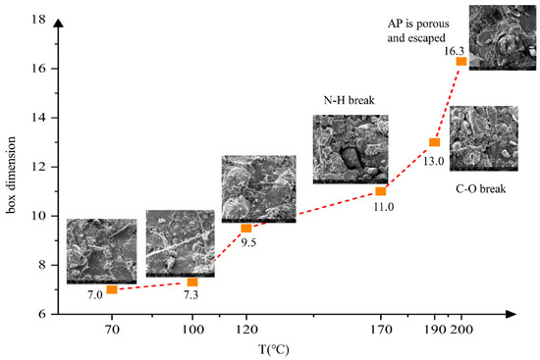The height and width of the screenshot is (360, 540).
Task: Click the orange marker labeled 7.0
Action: click(x=112, y=289)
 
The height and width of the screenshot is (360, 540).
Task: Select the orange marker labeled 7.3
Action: click(x=192, y=283)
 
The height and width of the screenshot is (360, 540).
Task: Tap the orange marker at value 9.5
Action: click(x=246, y=228)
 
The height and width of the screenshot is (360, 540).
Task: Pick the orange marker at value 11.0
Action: click(x=381, y=191)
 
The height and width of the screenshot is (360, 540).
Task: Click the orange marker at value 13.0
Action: click(x=434, y=143)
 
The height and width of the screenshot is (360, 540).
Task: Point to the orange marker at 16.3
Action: click(x=461, y=62)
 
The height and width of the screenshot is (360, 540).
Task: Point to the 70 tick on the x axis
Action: click(x=112, y=329)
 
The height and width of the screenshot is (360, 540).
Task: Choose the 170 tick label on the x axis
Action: click(x=381, y=329)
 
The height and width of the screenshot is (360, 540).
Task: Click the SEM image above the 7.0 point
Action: click(x=101, y=251)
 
